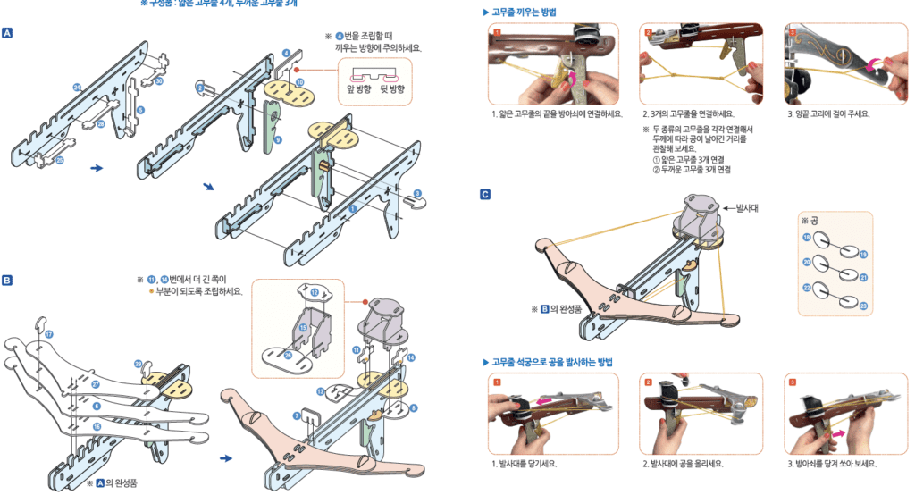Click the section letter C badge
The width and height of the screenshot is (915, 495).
484,194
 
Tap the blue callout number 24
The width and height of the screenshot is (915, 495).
78,87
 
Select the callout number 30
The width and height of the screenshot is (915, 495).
158,81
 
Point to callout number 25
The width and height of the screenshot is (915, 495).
59,161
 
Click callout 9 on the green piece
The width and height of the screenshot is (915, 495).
279,140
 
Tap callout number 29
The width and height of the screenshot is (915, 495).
139,364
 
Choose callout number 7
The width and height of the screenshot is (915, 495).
297,416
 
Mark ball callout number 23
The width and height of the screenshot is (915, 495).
864,306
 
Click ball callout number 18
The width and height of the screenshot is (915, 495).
806,238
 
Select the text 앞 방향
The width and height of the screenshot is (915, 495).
363,89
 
